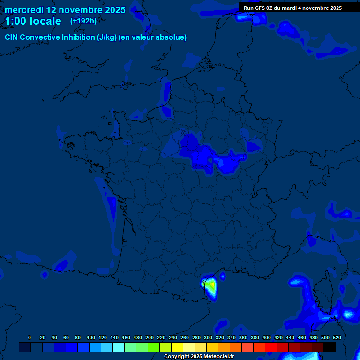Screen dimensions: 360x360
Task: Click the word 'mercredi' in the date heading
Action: (23, 10)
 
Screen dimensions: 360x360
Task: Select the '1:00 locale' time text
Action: (33, 21)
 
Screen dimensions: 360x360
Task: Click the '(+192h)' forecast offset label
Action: (83, 21)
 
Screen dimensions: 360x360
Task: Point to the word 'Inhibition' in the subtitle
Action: (77, 37)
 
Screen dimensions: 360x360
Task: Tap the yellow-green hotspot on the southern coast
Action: (211, 285)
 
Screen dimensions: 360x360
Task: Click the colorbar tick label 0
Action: (30, 337)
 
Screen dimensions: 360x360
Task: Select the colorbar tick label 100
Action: (91, 337)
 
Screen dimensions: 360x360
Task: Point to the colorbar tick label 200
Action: (150, 337)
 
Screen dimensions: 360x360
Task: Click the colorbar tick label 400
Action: (267, 337)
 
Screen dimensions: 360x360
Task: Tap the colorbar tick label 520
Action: (337, 337)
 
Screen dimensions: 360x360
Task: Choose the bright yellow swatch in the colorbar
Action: (177, 347)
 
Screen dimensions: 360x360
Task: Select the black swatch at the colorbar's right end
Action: (330, 347)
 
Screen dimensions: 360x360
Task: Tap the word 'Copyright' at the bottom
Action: (176, 357)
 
